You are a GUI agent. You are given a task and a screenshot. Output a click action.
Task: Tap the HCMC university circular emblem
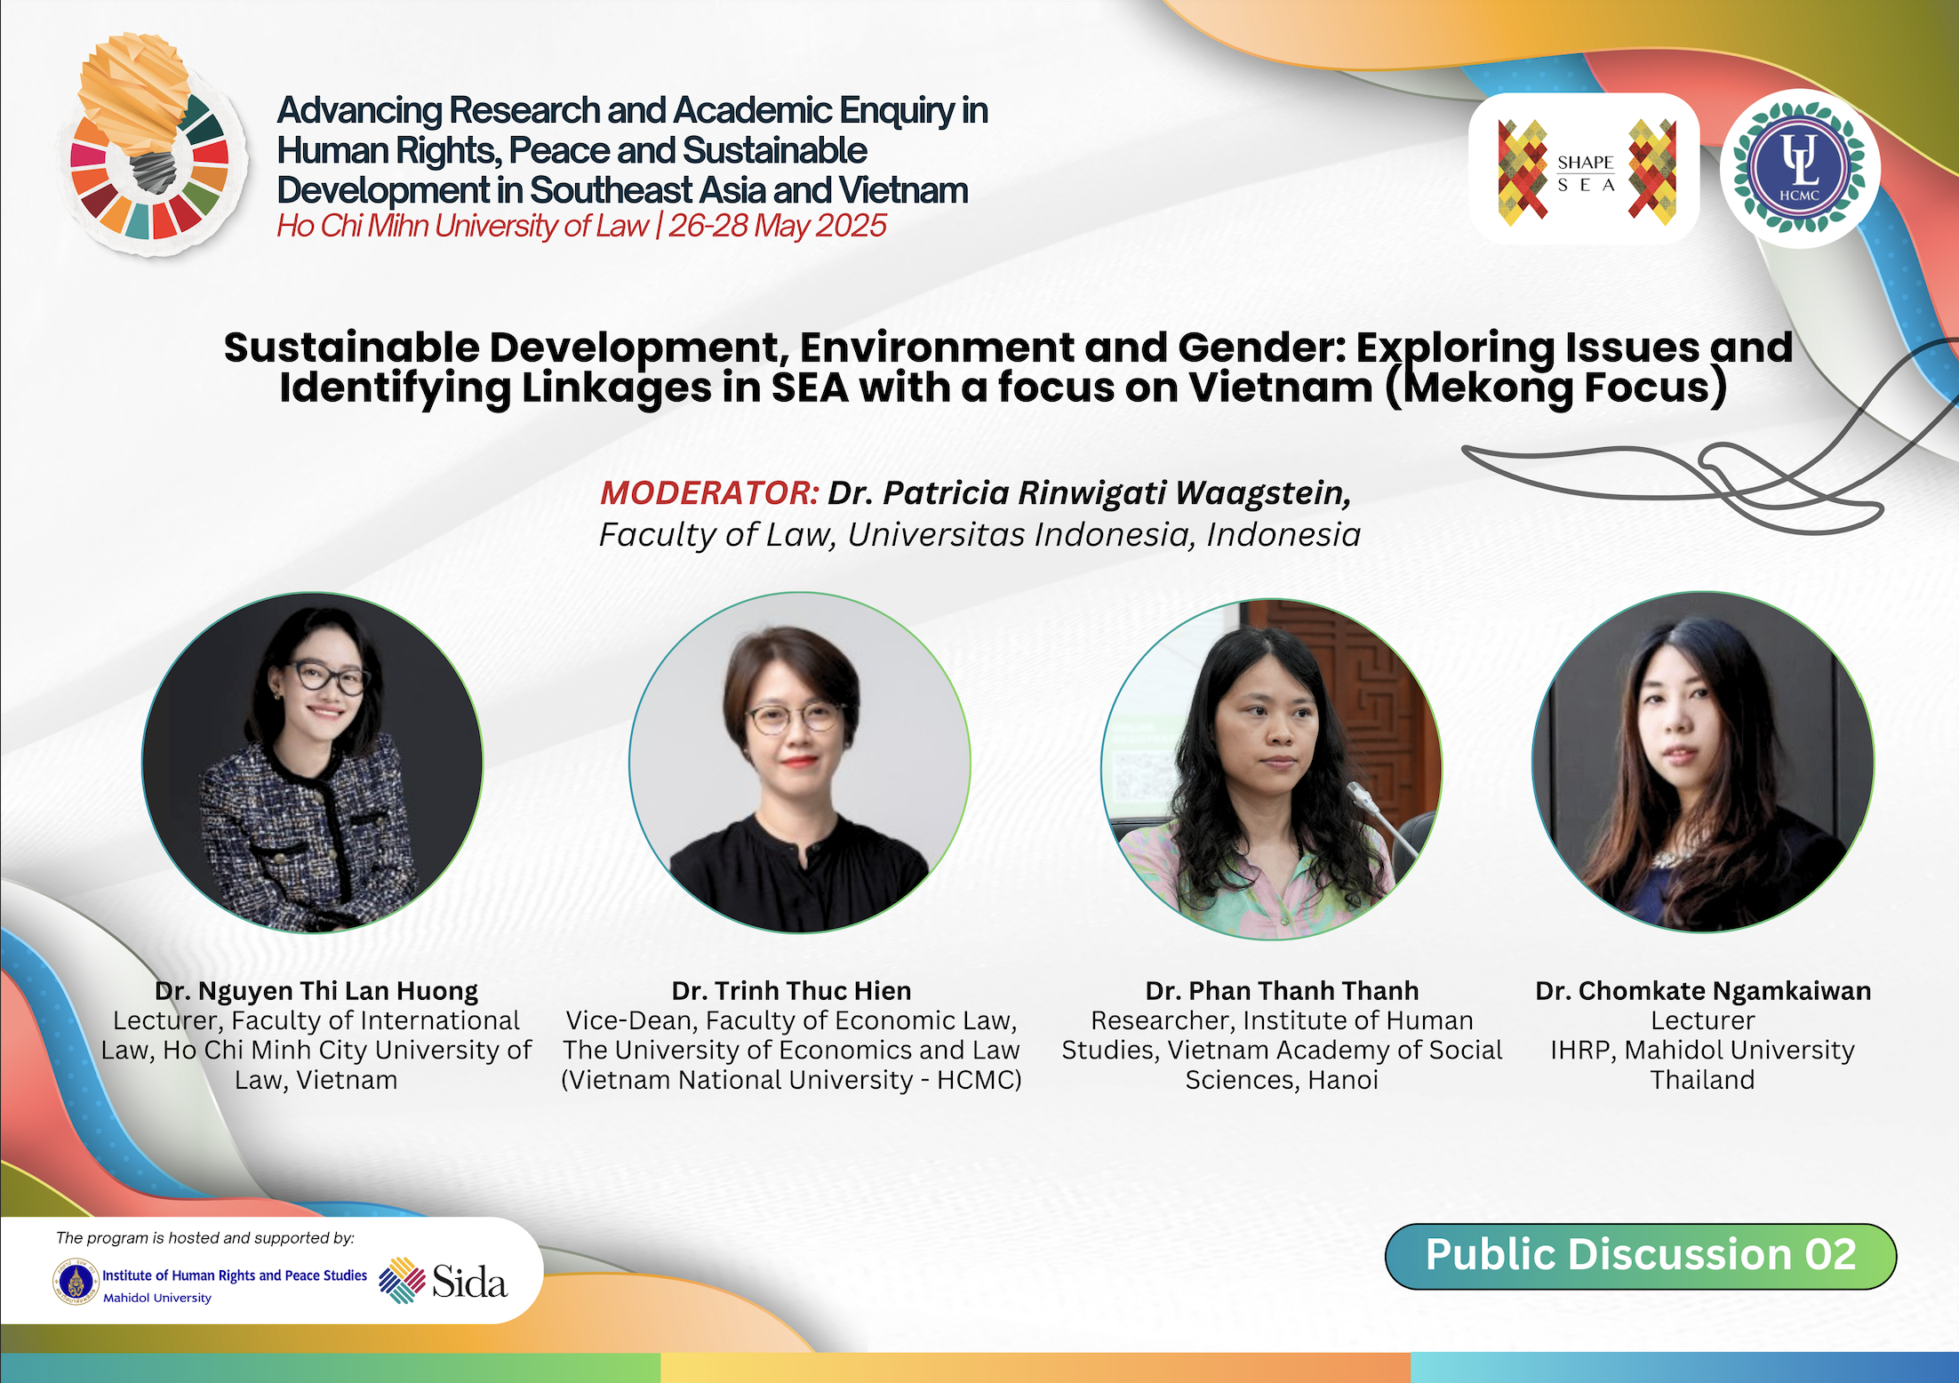click(1800, 167)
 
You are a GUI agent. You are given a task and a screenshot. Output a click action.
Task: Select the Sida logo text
click(469, 1282)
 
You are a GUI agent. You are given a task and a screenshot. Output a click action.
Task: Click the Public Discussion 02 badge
click(1641, 1256)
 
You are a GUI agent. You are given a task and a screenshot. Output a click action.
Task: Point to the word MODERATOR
click(709, 492)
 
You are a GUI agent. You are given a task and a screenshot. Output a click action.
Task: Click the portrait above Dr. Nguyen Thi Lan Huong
click(313, 763)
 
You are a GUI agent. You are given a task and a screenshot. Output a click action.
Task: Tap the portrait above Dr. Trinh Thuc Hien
click(800, 763)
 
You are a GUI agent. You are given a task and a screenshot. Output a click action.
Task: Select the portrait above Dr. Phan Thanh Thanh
click(1272, 769)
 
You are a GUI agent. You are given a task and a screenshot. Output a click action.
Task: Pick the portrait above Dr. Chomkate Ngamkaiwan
click(1703, 763)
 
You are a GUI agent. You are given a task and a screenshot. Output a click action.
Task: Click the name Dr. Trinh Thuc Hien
click(791, 990)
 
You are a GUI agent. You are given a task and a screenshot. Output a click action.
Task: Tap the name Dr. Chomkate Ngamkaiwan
click(1703, 990)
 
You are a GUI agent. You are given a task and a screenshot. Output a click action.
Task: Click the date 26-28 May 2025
click(778, 226)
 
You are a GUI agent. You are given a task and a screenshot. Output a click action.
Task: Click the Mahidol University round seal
click(76, 1283)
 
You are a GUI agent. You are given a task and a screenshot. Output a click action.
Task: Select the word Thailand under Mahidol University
click(1703, 1080)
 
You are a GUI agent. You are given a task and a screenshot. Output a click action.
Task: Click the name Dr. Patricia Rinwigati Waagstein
click(1090, 492)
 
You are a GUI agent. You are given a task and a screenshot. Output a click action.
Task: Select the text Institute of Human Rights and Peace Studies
click(235, 1275)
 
